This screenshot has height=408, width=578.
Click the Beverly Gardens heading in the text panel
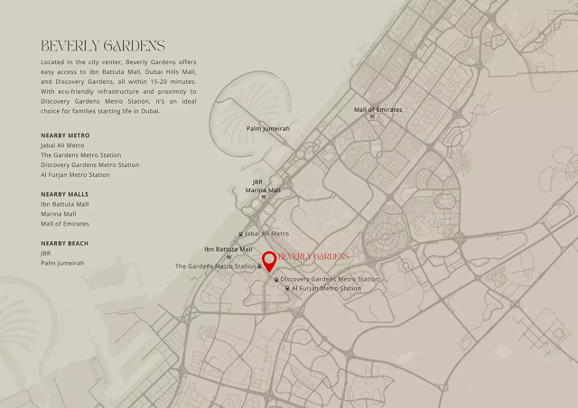[103, 46]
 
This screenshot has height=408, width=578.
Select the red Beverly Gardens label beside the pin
[313, 257]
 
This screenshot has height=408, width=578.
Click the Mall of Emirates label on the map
[378, 110]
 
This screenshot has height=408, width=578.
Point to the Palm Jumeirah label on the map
[268, 129]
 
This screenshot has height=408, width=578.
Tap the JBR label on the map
[257, 181]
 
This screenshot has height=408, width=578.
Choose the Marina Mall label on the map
[263, 190]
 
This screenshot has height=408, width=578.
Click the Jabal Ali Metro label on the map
[266, 234]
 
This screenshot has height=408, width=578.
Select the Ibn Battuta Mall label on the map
[228, 249]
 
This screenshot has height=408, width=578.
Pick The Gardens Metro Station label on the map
[215, 266]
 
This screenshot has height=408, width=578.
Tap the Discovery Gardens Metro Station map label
[330, 280]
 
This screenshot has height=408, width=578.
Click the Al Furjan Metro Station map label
[326, 289]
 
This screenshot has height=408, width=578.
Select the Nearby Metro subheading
[65, 135]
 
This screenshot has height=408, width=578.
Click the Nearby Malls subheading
[64, 194]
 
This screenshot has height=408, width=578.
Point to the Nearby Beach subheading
[64, 243]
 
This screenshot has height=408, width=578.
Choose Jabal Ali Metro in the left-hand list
[62, 145]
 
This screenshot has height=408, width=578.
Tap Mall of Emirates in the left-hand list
[65, 224]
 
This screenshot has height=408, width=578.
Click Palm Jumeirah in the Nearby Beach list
[62, 264]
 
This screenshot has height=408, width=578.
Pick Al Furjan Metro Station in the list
[75, 175]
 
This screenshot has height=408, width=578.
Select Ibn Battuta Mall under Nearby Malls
[65, 204]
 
